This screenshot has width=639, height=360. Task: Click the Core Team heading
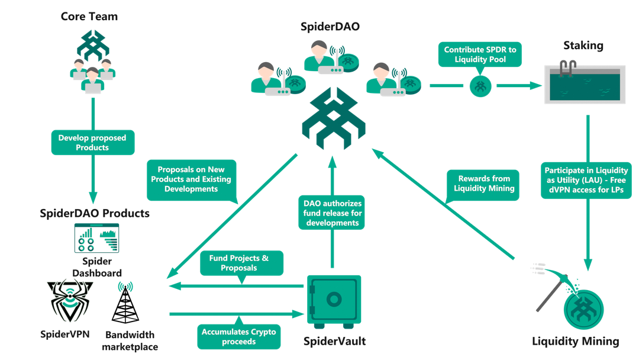point(89,17)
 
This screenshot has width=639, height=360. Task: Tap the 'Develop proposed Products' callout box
point(92,142)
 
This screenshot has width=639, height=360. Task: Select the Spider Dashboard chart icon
point(96,238)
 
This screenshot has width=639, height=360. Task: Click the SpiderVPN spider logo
point(70,301)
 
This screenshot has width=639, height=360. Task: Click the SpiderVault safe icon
point(334,302)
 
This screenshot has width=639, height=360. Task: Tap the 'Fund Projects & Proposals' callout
point(241,263)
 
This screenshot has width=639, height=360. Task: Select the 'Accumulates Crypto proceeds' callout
point(239,336)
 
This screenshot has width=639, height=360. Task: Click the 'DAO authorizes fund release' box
point(332,213)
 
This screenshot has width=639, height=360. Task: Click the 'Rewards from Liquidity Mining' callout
point(483,184)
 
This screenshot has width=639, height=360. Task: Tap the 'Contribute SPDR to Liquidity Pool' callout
point(480,54)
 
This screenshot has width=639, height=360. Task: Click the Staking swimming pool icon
point(585,83)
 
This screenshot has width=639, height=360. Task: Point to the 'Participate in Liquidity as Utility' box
point(586,180)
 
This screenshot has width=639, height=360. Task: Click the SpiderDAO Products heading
point(95,213)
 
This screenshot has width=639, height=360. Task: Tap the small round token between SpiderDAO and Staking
point(480,86)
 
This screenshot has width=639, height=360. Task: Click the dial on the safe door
point(334,300)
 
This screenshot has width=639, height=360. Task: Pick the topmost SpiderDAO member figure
point(331,57)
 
